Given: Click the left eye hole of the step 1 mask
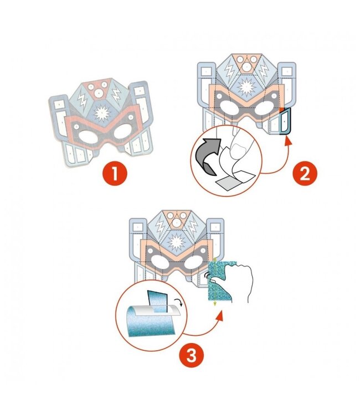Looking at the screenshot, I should coord(87,136).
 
